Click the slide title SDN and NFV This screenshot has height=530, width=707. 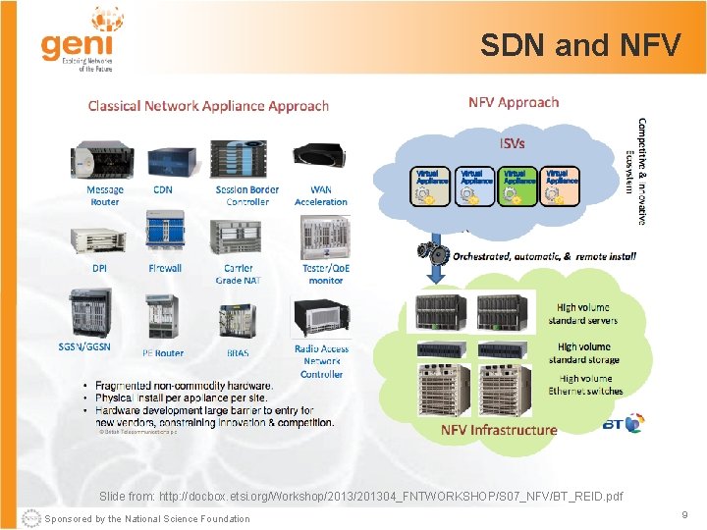[x=579, y=45]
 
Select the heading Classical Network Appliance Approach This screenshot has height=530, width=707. [x=208, y=105]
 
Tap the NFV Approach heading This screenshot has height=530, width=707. [x=514, y=102]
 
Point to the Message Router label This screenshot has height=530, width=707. [x=105, y=195]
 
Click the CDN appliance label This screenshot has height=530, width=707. [x=163, y=189]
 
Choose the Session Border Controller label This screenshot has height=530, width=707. [x=247, y=195]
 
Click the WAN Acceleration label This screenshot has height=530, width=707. [x=321, y=195]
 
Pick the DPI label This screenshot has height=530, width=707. [x=100, y=268]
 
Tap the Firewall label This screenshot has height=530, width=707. [x=165, y=268]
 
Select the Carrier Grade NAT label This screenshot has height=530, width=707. [x=238, y=274]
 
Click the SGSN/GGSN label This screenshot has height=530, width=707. [x=84, y=345]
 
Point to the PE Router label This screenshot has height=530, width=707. [x=163, y=352]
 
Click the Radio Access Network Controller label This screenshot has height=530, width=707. [x=321, y=361]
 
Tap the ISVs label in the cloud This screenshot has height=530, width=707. [x=513, y=143]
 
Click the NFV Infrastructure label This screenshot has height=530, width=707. [x=499, y=430]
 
